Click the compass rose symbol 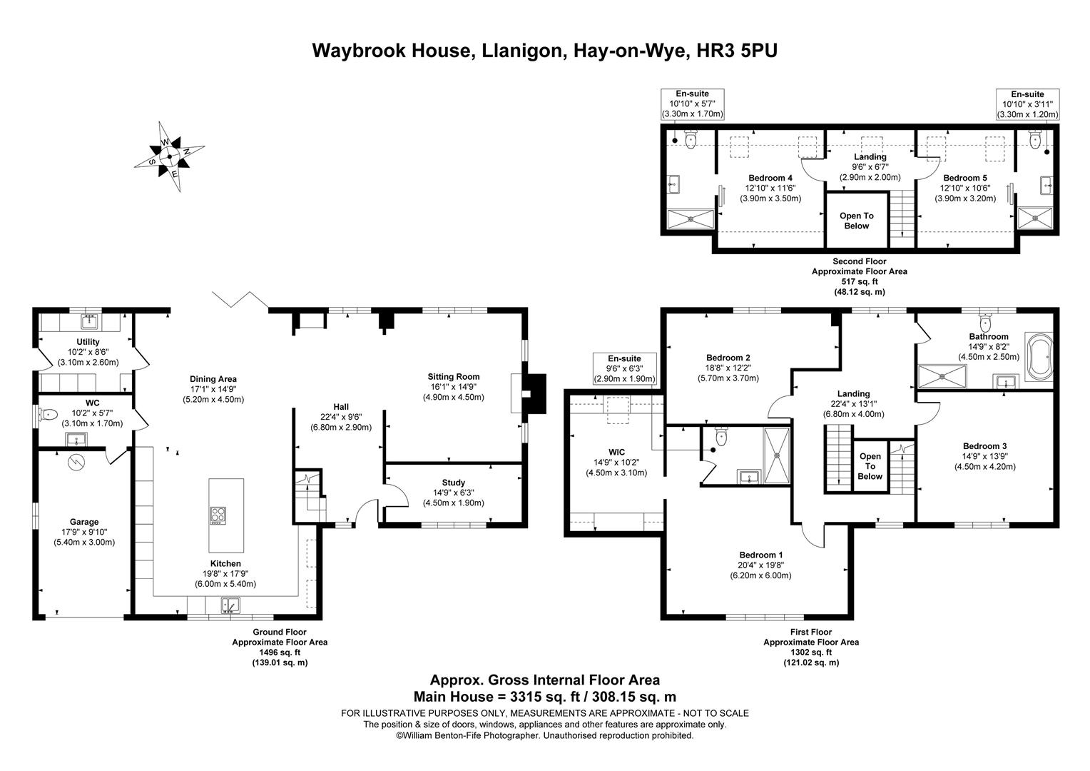pyautogui.click(x=169, y=156)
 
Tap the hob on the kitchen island pyautogui.click(x=218, y=515)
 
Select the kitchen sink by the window pyautogui.click(x=229, y=605)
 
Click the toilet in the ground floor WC pyautogui.click(x=48, y=414)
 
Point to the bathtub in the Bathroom pyautogui.click(x=1038, y=355)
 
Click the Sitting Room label pyautogui.click(x=453, y=377)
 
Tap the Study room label pyautogui.click(x=453, y=483)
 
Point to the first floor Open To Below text pyautogui.click(x=870, y=466)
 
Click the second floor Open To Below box pyautogui.click(x=856, y=221)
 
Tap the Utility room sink pyautogui.click(x=88, y=321)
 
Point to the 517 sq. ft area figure pyautogui.click(x=859, y=281)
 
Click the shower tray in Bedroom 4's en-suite pyautogui.click(x=690, y=218)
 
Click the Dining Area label pyautogui.click(x=213, y=379)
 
